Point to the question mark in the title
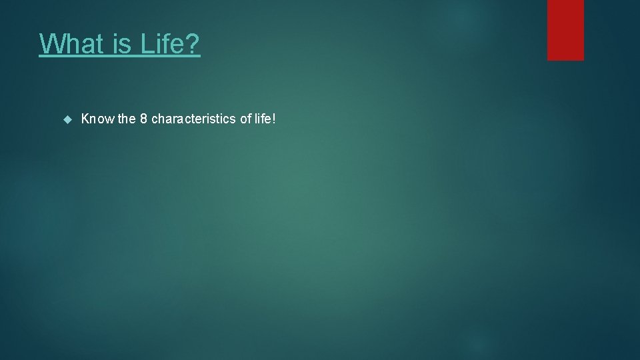click(193, 45)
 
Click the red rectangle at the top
click(565, 30)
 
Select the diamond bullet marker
click(66, 119)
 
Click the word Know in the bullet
click(97, 119)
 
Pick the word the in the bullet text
click(127, 119)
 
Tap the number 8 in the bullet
click(143, 119)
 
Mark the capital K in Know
click(85, 119)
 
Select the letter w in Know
click(109, 119)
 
